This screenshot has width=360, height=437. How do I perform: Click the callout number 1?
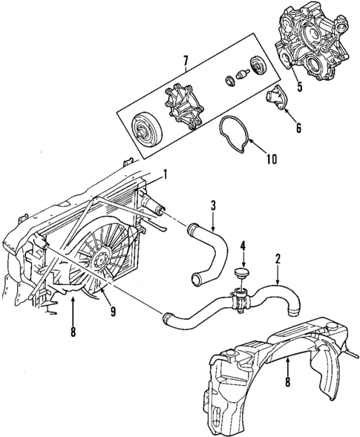click(x=166, y=177)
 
